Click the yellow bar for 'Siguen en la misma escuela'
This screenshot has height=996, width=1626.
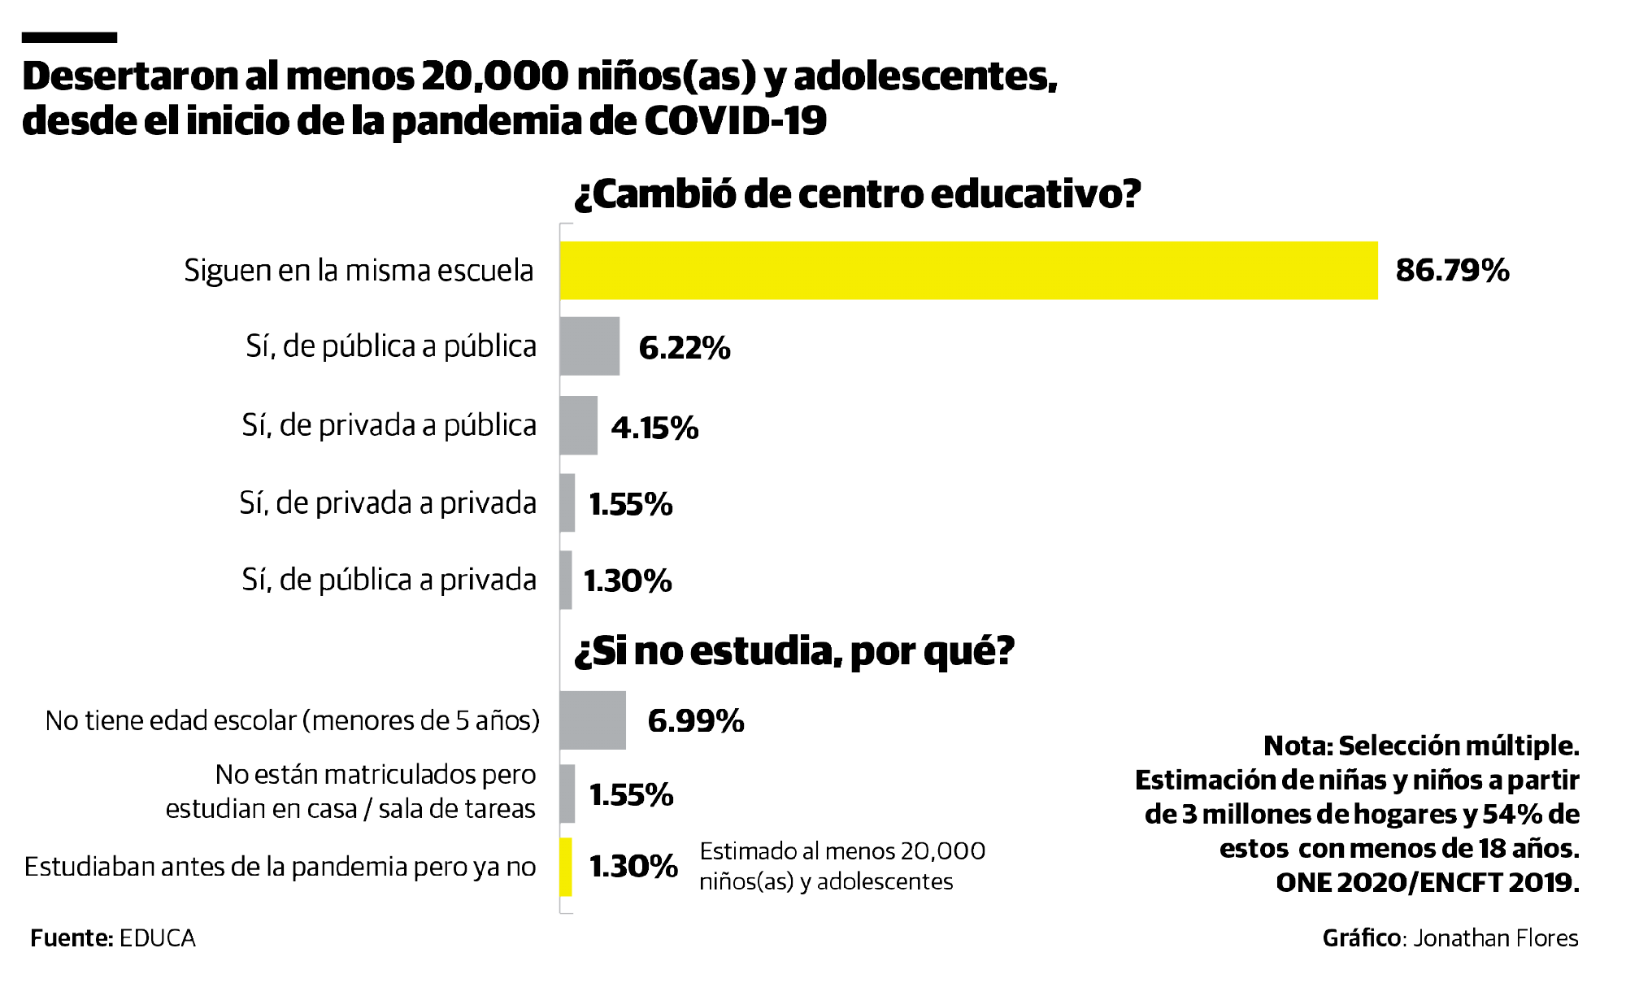pos(967,271)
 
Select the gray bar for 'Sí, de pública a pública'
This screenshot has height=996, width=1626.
pos(589,346)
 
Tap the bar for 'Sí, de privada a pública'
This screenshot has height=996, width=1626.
pos(578,425)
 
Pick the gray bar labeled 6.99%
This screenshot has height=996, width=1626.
pos(592,720)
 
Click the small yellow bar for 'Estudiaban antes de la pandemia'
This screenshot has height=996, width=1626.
pos(566,868)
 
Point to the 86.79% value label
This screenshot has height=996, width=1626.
pos(1452,271)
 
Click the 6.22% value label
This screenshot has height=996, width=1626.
pos(684,348)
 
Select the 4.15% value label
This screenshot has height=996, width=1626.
pos(654,428)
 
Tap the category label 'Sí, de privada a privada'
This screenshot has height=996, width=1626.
pos(388,504)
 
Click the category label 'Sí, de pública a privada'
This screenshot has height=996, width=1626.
pos(389,581)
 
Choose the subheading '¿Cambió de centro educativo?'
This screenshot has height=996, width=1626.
pos(857,194)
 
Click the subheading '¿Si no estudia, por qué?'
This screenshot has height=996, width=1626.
pos(793,651)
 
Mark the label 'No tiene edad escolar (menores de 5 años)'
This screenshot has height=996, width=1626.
pos(292,721)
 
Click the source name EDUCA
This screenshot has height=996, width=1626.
pos(158,938)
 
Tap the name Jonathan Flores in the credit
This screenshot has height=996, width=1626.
pos(1495,938)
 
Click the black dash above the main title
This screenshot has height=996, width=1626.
pos(69,37)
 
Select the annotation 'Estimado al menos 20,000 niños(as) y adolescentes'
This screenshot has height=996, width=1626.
pos(841,867)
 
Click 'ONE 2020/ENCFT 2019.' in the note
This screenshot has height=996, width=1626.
pos(1427,883)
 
